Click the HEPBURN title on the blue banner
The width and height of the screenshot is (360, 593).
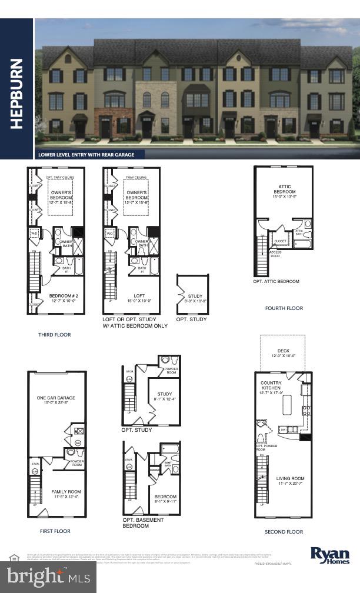point(16,93)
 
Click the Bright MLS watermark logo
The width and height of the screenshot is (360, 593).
point(48,577)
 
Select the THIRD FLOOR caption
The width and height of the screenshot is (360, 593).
point(54,335)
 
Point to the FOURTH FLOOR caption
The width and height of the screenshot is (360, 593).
point(285,308)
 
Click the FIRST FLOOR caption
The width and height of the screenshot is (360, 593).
point(55,531)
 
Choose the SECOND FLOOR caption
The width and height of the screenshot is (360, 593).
point(284,532)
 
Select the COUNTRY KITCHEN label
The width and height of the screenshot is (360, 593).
point(272,386)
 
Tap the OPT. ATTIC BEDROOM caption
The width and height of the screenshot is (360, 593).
point(276,282)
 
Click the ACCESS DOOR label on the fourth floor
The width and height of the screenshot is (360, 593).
point(275,254)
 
